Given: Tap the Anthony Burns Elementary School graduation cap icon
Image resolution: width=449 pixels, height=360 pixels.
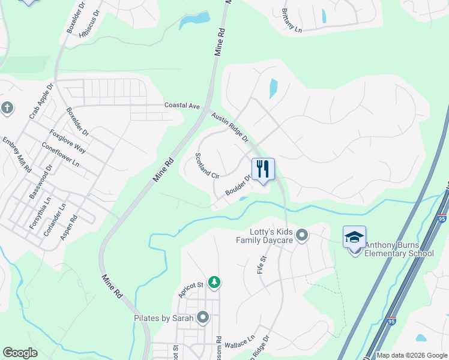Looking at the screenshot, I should (x=354, y=237).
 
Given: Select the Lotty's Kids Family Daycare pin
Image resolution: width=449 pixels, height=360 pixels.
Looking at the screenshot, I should (x=302, y=235).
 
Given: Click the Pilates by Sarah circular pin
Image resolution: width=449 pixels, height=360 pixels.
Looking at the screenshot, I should (x=203, y=317).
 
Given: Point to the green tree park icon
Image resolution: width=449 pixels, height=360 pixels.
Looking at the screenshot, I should (x=214, y=281).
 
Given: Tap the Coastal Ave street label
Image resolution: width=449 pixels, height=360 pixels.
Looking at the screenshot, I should (x=182, y=106).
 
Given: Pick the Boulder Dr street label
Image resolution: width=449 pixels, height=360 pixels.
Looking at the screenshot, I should (x=237, y=184).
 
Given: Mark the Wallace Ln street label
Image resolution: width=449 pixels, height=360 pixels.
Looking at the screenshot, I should (x=241, y=342).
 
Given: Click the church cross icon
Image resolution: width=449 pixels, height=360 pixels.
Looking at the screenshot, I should (x=7, y=109).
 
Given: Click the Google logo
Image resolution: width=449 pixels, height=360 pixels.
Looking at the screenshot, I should (x=20, y=353).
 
